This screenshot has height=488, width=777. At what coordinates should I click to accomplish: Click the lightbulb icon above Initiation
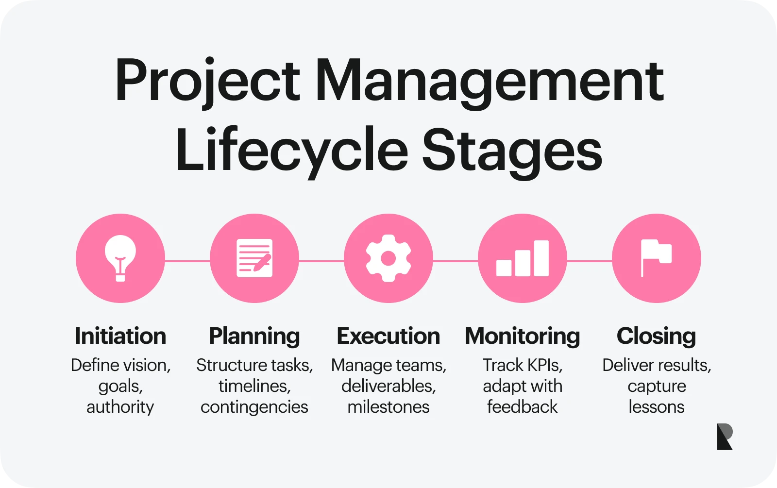point(120,258)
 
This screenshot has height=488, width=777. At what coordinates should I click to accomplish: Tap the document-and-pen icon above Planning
point(254,258)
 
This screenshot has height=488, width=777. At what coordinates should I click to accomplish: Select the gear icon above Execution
point(388,258)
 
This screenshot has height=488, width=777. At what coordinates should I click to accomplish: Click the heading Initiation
point(120,336)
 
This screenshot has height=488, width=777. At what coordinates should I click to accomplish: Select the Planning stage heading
point(254,336)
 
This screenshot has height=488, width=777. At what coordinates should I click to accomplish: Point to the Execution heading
point(388,336)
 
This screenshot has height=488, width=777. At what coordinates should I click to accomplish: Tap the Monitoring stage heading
point(523,336)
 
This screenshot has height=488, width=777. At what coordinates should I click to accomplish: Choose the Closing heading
point(656,336)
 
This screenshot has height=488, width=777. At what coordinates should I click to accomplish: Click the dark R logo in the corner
point(725,437)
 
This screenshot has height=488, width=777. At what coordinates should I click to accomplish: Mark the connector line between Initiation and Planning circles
point(187,261)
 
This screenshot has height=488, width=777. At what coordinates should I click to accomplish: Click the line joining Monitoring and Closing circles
point(590,261)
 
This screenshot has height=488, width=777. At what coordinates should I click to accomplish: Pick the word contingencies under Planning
point(254,407)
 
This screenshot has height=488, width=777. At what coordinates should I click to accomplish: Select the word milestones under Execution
point(388,407)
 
